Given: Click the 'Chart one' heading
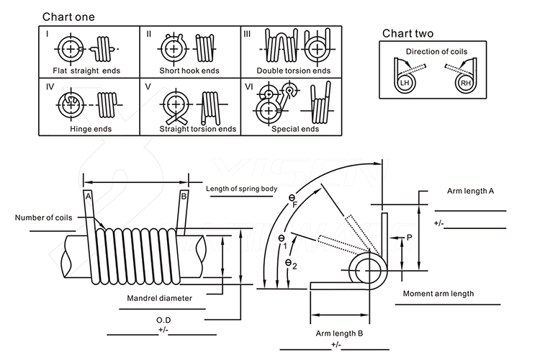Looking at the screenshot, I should [68, 16].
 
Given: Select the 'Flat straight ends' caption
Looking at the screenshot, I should [86, 71].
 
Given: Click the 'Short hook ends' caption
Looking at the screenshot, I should [189, 71].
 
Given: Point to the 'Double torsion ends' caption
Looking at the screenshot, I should [294, 71].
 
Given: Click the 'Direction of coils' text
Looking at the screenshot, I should [436, 52].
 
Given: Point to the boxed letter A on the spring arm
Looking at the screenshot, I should [88, 196].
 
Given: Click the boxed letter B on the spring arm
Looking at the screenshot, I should [184, 196].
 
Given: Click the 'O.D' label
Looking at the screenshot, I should [163, 319].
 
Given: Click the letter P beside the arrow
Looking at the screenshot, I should [409, 237].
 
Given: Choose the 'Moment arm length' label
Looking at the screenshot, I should [438, 294].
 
